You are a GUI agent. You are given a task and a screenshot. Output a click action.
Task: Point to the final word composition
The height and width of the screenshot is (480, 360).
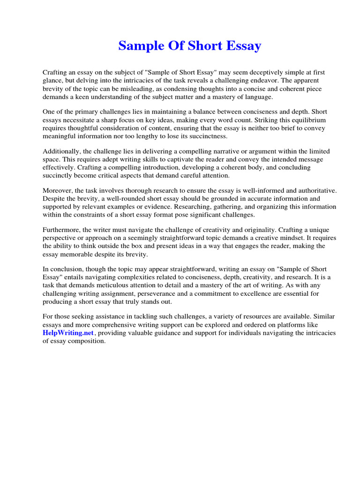pyautogui.click(x=88, y=341)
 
